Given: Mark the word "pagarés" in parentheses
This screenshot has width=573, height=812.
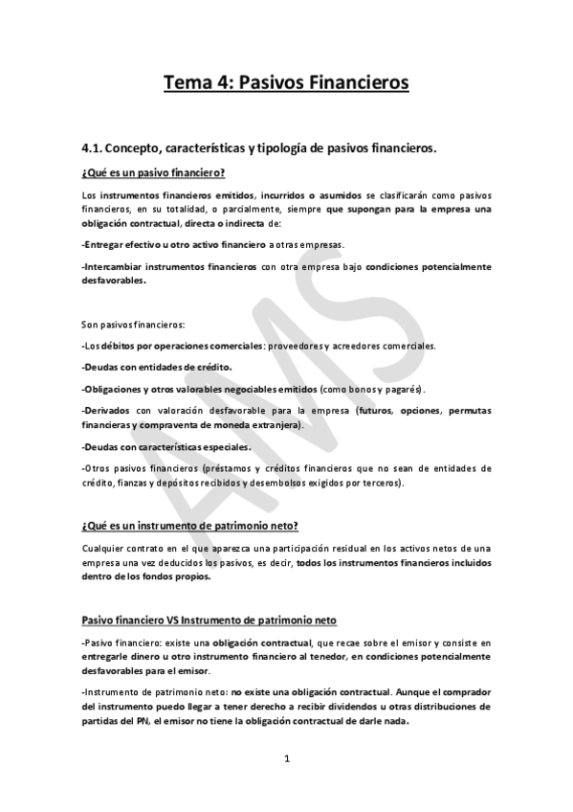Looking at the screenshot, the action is pos(406,389).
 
